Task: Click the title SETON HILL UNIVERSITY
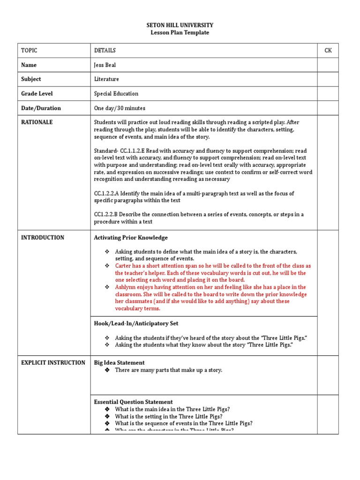pyautogui.click(x=180, y=25)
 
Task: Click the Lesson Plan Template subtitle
pyautogui.click(x=180, y=32)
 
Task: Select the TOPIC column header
pyautogui.click(x=29, y=51)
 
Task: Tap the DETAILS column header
pyautogui.click(x=105, y=51)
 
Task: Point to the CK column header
pyautogui.click(x=328, y=51)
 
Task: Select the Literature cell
pyautogui.click(x=106, y=79)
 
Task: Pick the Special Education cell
pyautogui.click(x=116, y=94)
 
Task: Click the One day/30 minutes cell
pyautogui.click(x=120, y=108)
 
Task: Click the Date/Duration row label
pyautogui.click(x=41, y=108)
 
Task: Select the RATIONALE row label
pyautogui.click(x=37, y=122)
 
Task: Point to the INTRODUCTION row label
pyautogui.click(x=43, y=238)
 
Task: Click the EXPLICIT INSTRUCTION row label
pyautogui.click(x=53, y=363)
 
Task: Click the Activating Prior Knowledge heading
pyautogui.click(x=131, y=238)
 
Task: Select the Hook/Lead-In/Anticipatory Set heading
pyautogui.click(x=136, y=323)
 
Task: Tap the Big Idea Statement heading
pyautogui.click(x=119, y=363)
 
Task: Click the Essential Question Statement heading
pyautogui.click(x=133, y=402)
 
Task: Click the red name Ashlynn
pyautogui.click(x=126, y=287)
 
